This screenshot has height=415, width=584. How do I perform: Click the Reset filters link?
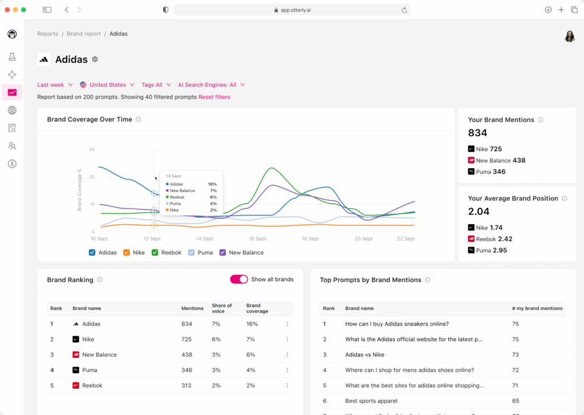tap(214, 97)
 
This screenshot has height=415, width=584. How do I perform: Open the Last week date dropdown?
tap(55, 85)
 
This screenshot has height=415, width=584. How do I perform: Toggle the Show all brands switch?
tap(239, 279)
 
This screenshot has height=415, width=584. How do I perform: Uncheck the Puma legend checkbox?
tap(192, 253)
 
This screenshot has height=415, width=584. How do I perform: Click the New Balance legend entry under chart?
tap(241, 253)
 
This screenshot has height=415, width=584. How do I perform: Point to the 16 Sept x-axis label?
tap(257, 239)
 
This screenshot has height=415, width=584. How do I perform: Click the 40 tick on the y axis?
tap(91, 150)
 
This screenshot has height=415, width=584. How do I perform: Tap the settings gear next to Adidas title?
tap(95, 59)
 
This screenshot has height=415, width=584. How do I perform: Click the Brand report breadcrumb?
tap(84, 34)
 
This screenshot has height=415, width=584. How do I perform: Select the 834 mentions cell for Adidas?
tap(187, 324)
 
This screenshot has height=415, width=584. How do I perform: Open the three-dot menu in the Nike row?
tap(287, 339)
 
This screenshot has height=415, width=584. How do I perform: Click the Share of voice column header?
tap(222, 308)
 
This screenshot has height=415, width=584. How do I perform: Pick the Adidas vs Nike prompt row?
tap(364, 355)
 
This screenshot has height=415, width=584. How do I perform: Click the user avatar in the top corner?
tap(569, 36)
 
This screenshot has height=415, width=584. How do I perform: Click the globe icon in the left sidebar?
tap(12, 111)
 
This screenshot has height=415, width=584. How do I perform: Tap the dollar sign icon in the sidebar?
tap(12, 164)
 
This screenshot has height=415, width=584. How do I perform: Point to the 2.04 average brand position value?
tap(479, 211)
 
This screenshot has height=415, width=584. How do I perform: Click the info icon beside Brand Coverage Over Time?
tap(139, 120)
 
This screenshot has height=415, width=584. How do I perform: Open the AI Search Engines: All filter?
tap(211, 85)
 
